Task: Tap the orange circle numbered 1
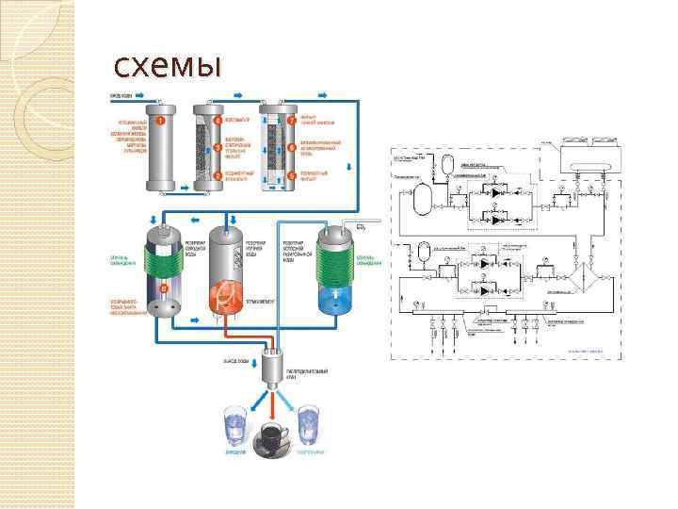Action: [x=161, y=121]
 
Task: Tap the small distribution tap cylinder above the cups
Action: [x=274, y=363]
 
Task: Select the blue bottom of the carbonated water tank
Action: [x=336, y=300]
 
